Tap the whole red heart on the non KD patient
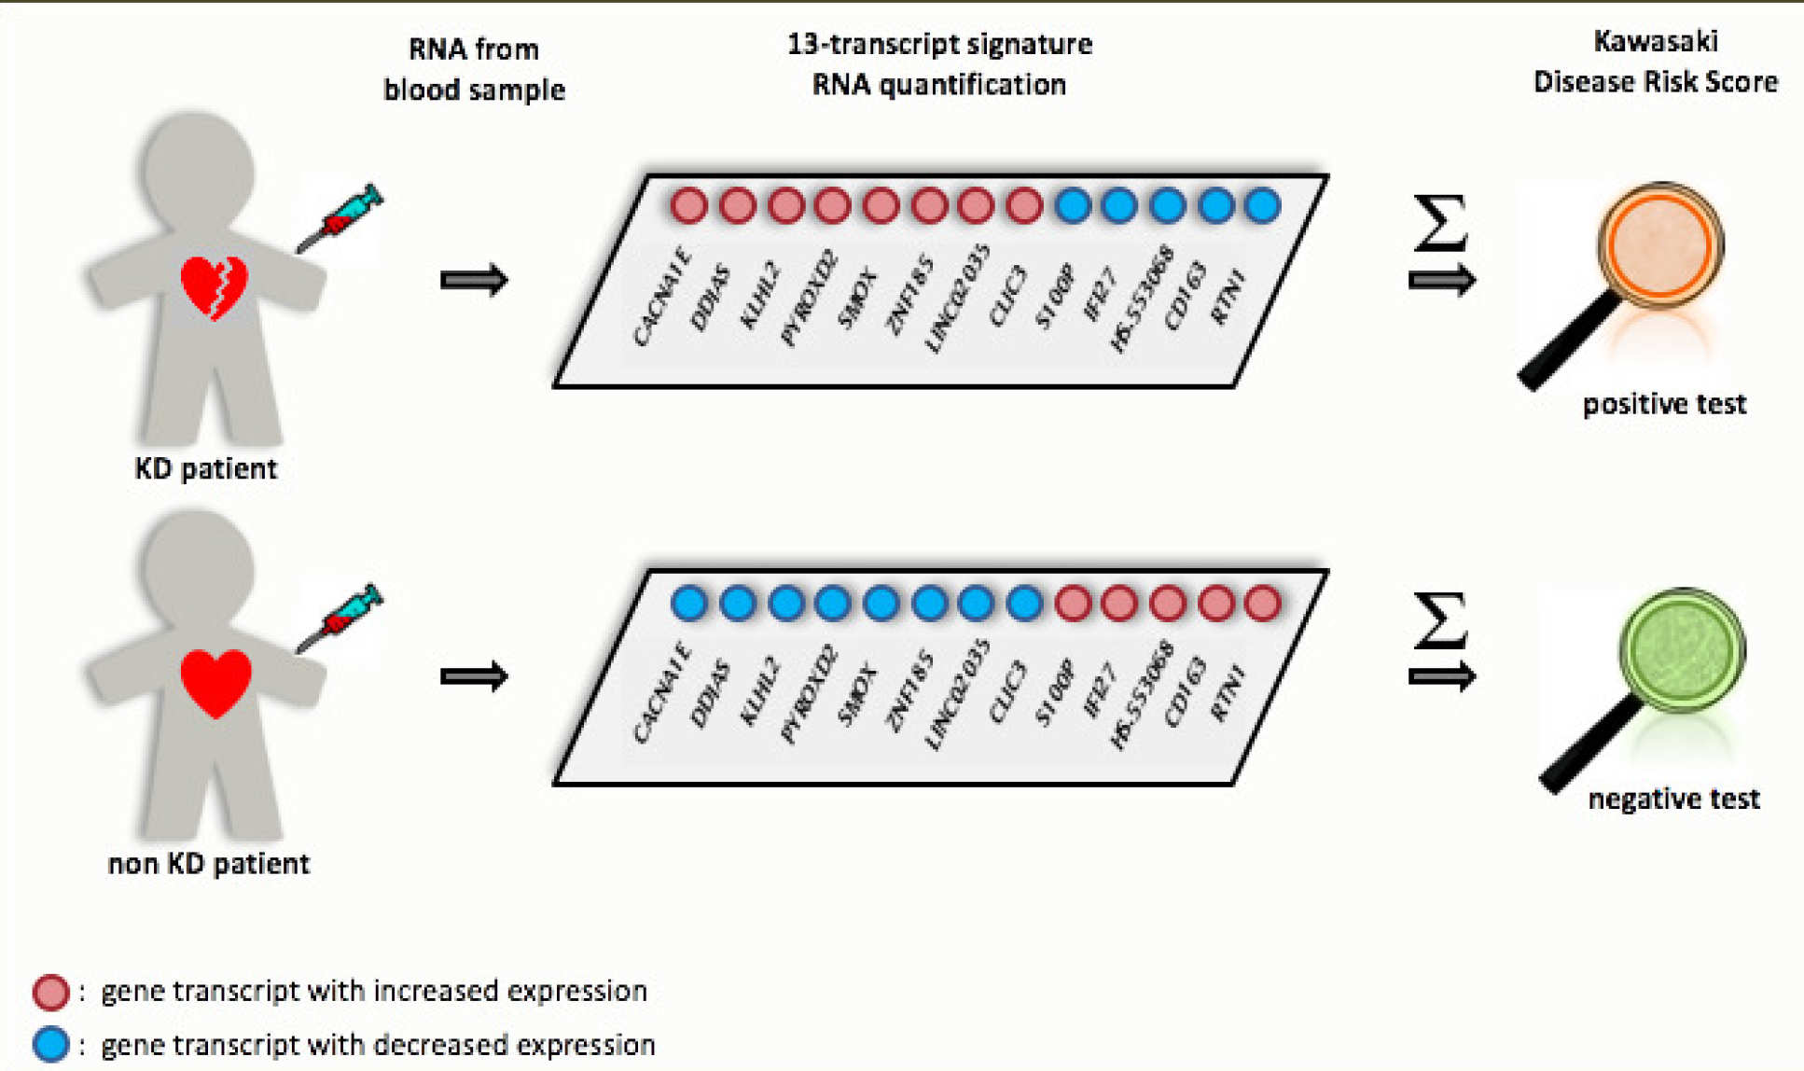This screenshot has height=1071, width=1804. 215,682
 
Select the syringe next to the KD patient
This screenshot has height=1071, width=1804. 341,217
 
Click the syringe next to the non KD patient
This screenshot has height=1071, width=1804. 341,617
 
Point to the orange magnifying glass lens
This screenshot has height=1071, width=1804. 1660,245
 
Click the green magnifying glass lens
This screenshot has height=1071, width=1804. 1681,649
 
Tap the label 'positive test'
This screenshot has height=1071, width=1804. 1664,404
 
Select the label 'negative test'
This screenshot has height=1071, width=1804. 1673,799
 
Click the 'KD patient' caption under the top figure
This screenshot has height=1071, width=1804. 206,468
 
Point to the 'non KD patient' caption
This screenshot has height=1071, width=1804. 209,864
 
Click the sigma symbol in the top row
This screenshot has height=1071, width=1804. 1440,223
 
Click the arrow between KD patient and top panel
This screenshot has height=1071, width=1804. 474,280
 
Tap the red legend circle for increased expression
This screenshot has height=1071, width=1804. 50,992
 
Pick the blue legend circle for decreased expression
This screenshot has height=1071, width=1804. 50,1044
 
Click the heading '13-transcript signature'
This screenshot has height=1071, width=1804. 939,44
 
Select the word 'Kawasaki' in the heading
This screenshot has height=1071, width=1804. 1656,41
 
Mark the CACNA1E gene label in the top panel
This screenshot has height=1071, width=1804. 661,297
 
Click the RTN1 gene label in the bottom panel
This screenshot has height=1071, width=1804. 1228,692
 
